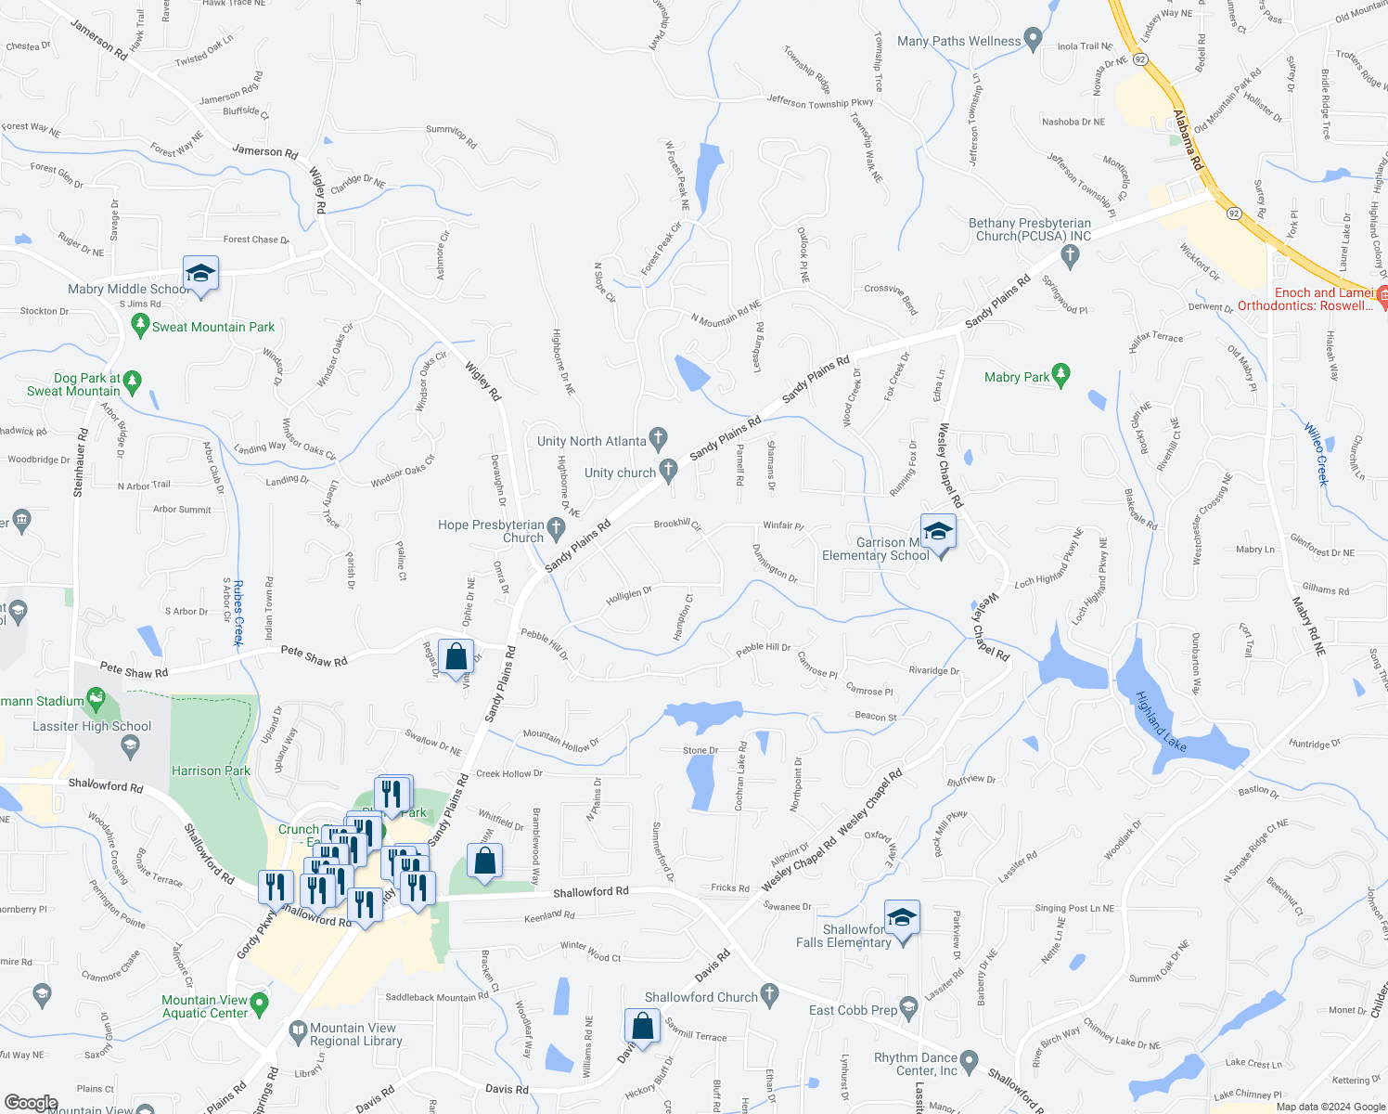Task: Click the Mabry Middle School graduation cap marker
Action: point(200,274)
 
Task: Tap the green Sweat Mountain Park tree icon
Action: point(141,325)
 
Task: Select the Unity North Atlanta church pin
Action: point(658,436)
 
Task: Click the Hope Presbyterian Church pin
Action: point(557,529)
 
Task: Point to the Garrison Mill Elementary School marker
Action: point(938,533)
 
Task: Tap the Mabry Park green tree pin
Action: point(1061,375)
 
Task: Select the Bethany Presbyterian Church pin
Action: point(1071,258)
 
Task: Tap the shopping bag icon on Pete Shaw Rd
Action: point(456,657)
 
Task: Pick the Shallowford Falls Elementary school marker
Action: point(902,919)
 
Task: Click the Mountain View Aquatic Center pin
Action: point(259,1004)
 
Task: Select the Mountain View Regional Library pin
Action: point(298,1030)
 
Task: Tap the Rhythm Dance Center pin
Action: point(969,1060)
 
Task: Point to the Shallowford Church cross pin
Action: point(769,996)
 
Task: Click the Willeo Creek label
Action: point(1317,454)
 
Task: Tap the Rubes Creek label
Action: point(238,614)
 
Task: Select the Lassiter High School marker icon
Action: point(131,745)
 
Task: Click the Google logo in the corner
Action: point(32,1104)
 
